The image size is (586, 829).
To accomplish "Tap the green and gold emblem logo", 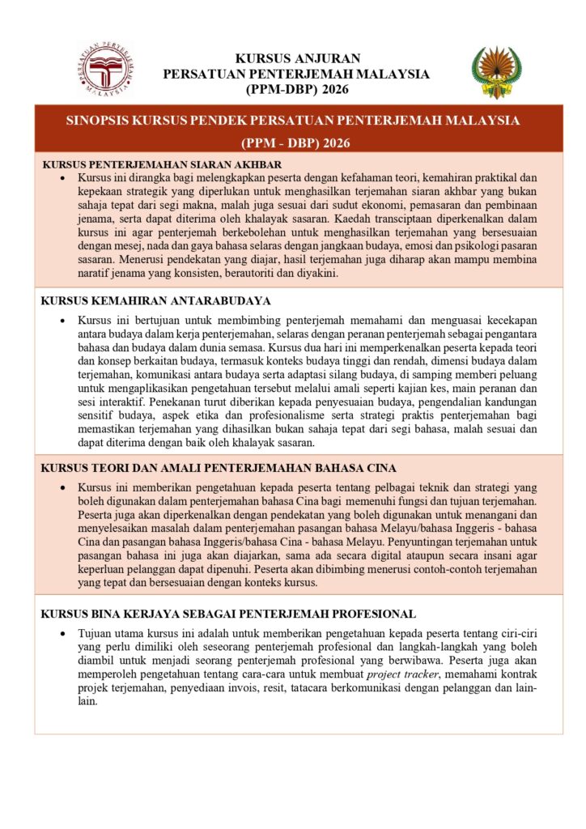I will (496, 71).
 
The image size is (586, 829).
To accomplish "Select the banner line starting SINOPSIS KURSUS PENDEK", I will (292, 121).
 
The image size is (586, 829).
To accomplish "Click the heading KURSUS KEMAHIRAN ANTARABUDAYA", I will (155, 300).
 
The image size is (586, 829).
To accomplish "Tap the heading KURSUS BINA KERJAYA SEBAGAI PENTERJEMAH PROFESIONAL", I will (228, 614).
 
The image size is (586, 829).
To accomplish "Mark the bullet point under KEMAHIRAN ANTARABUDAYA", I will (63, 321).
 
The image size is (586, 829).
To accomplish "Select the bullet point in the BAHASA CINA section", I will (63, 488).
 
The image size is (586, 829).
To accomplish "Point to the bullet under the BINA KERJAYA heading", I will (63, 631).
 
